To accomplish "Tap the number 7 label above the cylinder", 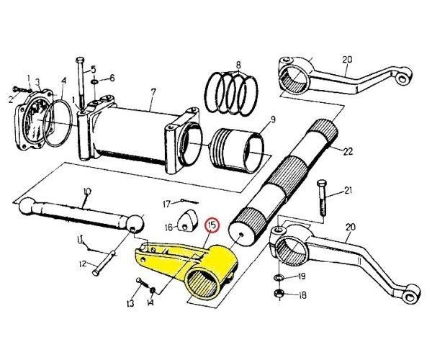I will pyautogui.click(x=153, y=91).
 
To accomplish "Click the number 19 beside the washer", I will pyautogui.click(x=302, y=276).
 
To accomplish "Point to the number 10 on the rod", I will pyautogui.click(x=87, y=192).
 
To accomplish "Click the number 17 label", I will pyautogui.click(x=166, y=203).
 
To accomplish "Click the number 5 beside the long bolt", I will pyautogui.click(x=94, y=69).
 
